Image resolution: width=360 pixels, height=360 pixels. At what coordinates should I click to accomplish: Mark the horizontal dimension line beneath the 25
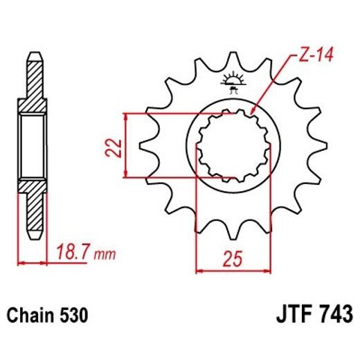coord(233,269)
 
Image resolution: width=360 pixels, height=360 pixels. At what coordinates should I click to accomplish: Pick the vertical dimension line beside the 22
coord(127,146)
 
